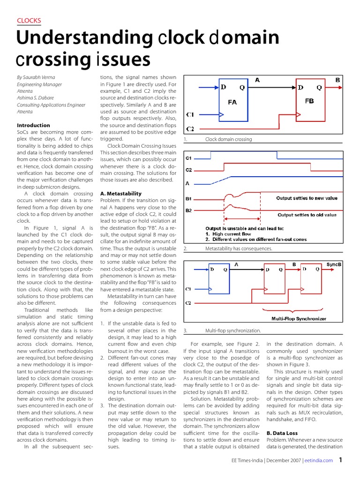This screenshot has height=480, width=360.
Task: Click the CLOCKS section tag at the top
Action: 29,20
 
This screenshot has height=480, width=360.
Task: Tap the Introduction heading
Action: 33,125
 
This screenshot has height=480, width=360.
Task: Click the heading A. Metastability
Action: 121,193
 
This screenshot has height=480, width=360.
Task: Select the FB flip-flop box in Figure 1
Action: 309,98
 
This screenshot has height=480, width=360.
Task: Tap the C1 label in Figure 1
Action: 190,114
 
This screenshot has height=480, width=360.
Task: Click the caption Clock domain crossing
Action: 228,139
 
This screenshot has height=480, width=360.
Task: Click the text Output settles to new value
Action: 307,198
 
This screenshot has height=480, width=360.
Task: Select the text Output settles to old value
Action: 307,215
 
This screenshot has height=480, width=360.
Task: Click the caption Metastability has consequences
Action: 239,248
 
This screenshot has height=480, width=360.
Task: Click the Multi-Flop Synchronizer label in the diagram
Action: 299,319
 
